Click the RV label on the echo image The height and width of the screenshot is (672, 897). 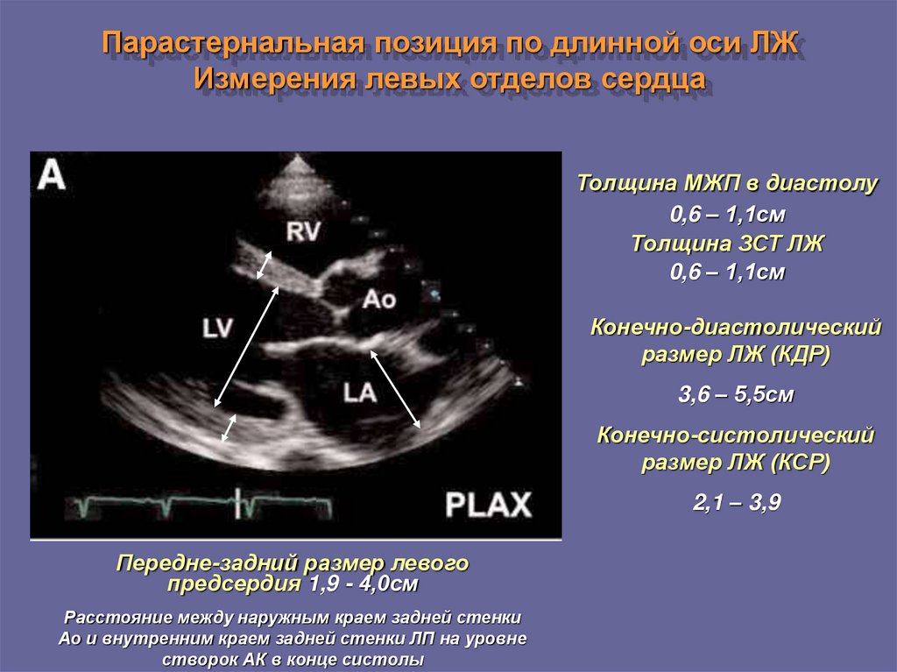click(302, 232)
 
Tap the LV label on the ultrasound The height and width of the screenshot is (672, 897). click(217, 329)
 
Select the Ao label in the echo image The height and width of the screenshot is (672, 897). click(378, 299)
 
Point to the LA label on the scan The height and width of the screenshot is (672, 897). click(360, 393)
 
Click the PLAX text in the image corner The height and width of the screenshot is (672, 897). click(488, 505)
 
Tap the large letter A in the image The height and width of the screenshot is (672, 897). click(52, 174)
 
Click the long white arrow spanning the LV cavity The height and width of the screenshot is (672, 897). click(246, 347)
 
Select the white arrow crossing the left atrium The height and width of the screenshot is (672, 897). click(395, 389)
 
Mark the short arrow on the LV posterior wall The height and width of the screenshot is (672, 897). click(229, 428)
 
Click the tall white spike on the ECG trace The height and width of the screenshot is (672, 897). click(238, 504)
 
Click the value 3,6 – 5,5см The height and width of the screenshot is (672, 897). click(736, 394)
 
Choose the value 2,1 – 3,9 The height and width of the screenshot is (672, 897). click(737, 503)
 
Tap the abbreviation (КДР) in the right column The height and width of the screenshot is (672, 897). click(800, 354)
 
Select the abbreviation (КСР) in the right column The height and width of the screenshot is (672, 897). click(800, 463)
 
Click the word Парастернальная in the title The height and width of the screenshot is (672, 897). click(233, 42)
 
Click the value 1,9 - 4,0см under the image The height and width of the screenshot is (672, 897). click(364, 584)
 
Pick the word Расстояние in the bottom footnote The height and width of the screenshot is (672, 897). click(104, 618)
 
